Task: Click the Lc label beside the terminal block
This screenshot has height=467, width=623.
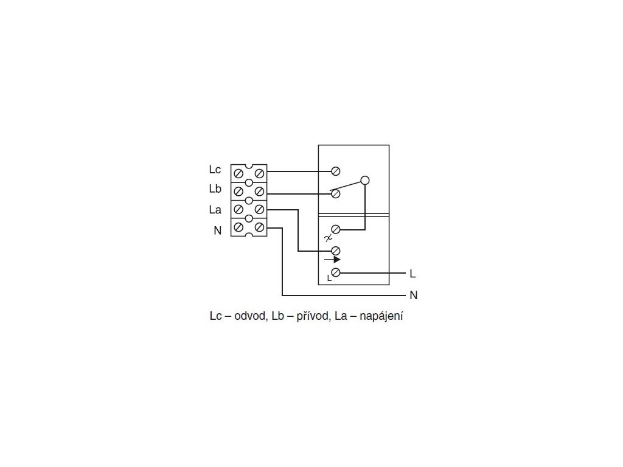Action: click(215, 170)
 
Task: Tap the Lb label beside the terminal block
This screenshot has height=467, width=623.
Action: click(215, 189)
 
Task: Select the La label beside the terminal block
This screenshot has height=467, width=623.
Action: click(215, 210)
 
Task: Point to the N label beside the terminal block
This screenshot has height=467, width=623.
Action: click(217, 230)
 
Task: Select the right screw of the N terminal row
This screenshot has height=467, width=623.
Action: click(259, 227)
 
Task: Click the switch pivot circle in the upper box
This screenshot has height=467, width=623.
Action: click(364, 180)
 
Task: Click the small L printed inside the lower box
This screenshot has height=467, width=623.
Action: click(329, 278)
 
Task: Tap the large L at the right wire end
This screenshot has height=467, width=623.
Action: click(413, 274)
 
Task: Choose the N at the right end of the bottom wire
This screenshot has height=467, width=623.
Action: click(413, 296)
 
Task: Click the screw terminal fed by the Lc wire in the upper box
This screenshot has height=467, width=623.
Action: click(335, 172)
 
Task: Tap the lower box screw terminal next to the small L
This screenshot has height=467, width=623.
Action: click(335, 272)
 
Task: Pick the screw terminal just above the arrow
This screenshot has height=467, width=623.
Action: click(335, 251)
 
